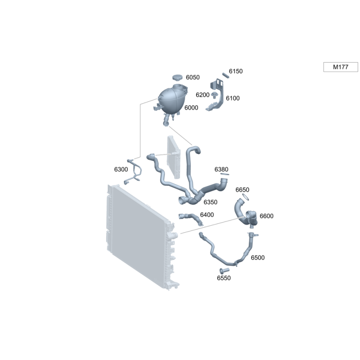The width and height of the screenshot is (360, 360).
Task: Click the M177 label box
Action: click(341, 67)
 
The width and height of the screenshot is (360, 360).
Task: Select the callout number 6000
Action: click(191, 108)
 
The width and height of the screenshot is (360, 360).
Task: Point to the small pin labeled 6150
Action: click(226, 75)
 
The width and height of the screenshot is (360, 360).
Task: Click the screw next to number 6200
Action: click(215, 95)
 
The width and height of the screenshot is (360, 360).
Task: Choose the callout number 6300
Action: click(121, 169)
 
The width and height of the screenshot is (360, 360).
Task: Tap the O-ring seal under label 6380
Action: click(225, 174)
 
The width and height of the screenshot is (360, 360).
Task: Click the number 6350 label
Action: click(211, 202)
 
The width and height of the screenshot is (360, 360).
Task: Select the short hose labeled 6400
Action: click(190, 218)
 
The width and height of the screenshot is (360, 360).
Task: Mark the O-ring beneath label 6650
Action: click(245, 197)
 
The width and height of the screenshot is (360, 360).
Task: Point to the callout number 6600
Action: click(266, 216)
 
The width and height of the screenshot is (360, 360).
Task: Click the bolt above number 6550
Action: click(224, 270)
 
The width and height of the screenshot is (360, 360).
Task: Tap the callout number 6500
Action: click(257, 257)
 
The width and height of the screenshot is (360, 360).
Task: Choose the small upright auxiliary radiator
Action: click(174, 157)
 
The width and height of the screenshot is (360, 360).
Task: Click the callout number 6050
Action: click(193, 77)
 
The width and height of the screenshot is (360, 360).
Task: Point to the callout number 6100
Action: click(233, 98)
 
